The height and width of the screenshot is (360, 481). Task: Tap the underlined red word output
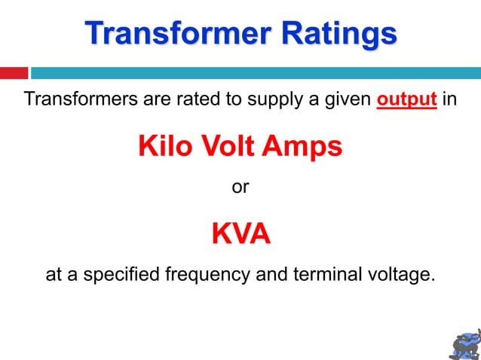(407, 99)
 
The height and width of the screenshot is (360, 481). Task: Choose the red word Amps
(302, 146)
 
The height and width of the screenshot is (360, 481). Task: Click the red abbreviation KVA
(240, 234)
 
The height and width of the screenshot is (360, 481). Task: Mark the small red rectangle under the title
(14, 73)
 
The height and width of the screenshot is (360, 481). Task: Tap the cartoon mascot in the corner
(463, 343)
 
